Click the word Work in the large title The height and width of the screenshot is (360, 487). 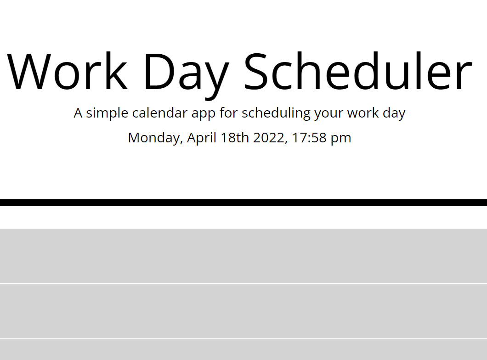coord(67,71)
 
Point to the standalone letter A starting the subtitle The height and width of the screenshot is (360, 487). coord(78,113)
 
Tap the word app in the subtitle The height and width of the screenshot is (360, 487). coord(204,115)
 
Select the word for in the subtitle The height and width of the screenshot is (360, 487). coord(229,112)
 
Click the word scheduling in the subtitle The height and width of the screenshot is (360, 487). coord(276,114)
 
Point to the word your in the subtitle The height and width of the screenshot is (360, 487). coord(329,115)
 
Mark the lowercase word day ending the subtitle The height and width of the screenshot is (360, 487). coord(394,114)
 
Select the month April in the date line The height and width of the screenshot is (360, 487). coord(202,138)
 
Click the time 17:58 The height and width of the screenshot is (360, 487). coord(309,138)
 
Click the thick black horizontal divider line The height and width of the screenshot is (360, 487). coord(243,202)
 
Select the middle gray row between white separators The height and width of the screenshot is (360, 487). coord(243,311)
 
